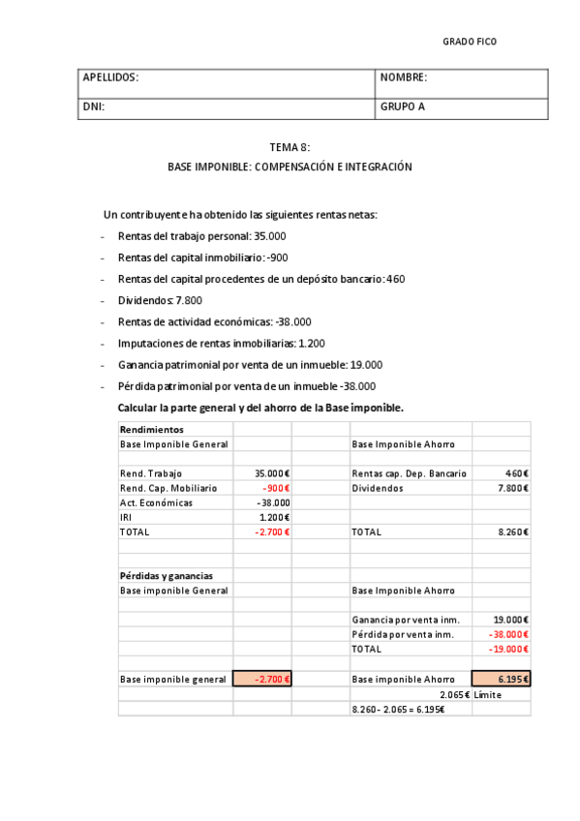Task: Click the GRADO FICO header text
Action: [470, 42]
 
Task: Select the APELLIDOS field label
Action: [111, 77]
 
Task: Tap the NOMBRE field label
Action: [404, 77]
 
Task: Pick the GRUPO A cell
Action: [403, 107]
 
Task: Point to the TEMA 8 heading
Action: [290, 147]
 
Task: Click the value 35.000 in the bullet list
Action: [269, 236]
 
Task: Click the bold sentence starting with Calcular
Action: [260, 408]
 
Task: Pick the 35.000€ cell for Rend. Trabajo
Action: [272, 473]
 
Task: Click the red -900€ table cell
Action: [276, 488]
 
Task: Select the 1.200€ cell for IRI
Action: [276, 517]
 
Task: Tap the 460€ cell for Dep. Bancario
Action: [516, 473]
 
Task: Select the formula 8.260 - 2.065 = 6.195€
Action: [398, 710]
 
